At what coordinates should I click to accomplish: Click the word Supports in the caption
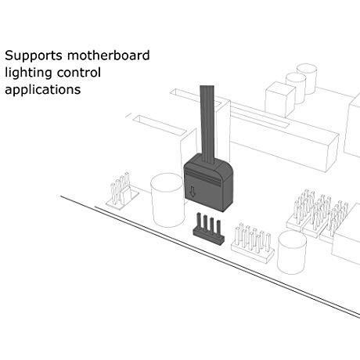(34, 56)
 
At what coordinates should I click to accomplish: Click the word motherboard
(109, 55)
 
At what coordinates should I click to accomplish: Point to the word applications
(43, 90)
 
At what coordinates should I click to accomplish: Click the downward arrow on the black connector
(193, 191)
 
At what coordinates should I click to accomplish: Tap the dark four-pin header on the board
(208, 229)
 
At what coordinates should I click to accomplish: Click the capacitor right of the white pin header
(292, 252)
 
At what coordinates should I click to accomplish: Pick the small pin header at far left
(122, 191)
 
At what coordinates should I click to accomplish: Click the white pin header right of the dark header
(252, 243)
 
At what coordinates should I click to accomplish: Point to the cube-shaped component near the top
(280, 99)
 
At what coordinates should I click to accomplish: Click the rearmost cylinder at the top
(308, 78)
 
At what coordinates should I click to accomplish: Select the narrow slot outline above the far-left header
(159, 125)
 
